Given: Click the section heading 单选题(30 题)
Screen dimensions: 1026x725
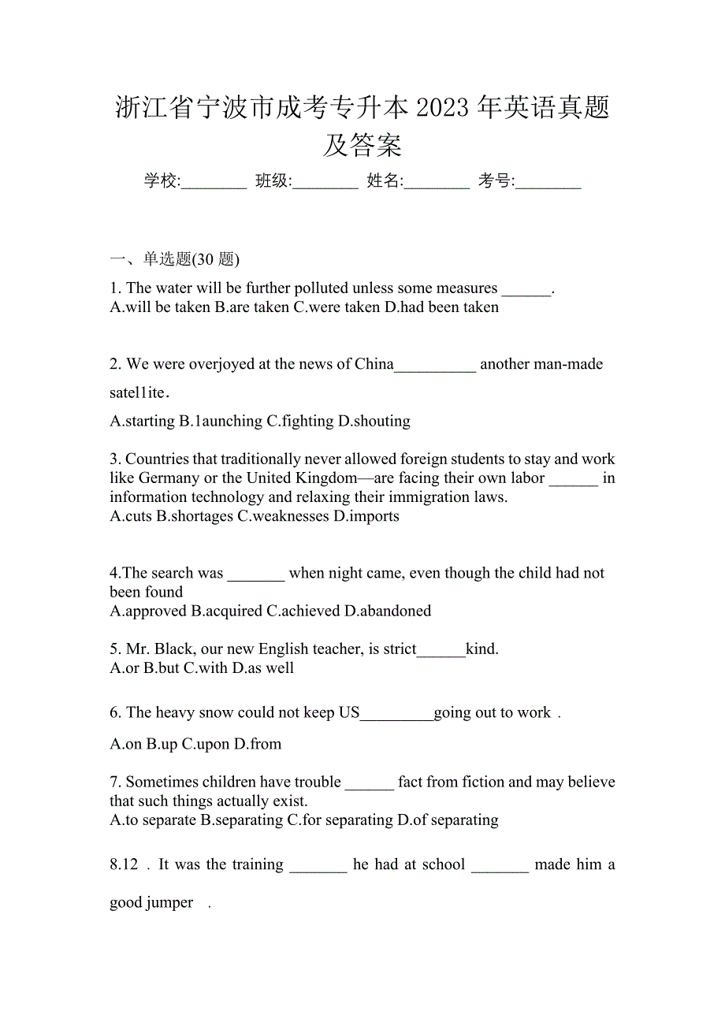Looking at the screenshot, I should (191, 259).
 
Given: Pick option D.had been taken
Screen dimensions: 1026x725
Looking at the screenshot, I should (441, 307).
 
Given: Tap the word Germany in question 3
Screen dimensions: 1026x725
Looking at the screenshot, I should (170, 478).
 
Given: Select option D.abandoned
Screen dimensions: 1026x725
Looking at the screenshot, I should (388, 611).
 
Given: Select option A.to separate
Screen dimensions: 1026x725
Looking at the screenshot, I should (153, 820).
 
